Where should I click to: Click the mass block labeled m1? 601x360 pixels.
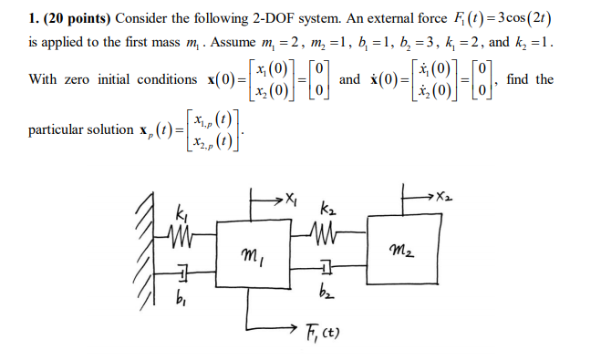point(252,260)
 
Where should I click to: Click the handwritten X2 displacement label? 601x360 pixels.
point(442,195)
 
